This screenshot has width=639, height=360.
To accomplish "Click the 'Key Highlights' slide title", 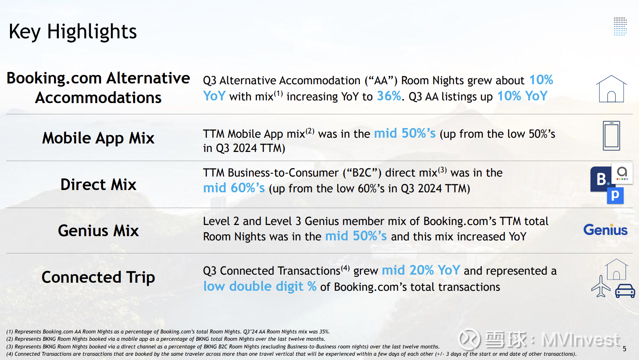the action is point(73,32).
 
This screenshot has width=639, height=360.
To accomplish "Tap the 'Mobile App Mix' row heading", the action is point(98,138).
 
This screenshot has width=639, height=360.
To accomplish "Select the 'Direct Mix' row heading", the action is point(98,184).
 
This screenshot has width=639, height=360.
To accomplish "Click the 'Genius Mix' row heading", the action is point(98,230).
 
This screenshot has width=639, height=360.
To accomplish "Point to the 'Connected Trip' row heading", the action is point(98,277).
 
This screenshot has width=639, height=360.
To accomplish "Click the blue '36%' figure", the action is point(389,96).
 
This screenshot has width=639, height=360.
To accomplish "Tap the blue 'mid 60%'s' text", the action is point(234,188).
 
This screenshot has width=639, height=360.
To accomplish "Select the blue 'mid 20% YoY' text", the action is point(421,270).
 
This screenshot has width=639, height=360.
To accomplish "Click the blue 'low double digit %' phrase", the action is point(260,286).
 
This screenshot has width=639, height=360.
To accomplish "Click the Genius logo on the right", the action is point(605,230).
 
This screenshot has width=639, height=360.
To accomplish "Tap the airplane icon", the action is point(601,287).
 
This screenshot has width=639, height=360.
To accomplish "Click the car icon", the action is point(625,291).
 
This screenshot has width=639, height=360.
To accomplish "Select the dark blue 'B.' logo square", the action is point(601,179).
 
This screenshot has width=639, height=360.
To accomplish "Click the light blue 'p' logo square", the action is point(615,196).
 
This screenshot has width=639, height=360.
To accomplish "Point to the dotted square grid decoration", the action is point(620,27).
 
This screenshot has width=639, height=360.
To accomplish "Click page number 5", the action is point(624,348).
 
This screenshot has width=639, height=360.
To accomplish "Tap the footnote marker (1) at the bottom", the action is point(10,332).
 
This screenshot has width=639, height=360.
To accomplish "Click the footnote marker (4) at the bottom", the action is point(10,354).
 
